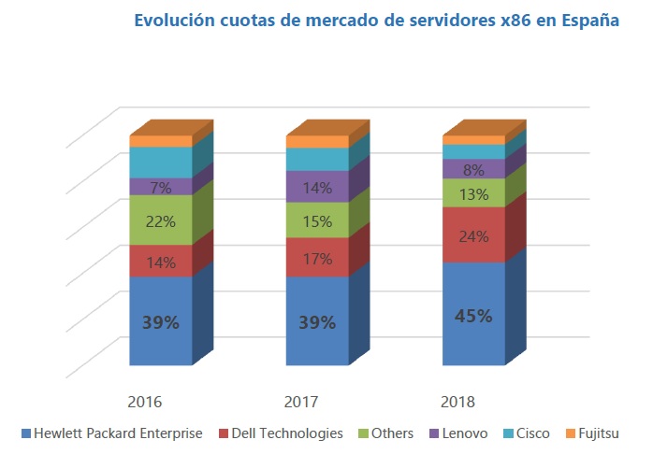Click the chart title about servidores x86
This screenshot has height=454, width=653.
(376, 21)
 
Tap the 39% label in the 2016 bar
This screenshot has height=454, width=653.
(160, 322)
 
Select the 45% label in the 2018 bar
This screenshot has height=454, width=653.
(472, 316)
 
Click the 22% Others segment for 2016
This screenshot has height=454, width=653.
(160, 220)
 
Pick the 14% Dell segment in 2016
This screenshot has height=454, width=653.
(160, 262)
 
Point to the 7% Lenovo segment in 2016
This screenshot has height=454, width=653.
(160, 187)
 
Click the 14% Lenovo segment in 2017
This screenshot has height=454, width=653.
(317, 186)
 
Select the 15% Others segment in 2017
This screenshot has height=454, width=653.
(317, 220)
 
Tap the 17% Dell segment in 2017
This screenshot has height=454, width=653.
(317, 258)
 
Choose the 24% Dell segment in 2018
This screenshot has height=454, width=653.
(472, 235)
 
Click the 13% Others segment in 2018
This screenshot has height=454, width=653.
(472, 193)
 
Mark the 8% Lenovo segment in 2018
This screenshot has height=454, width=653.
(472, 169)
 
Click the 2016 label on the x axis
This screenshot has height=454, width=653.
(145, 402)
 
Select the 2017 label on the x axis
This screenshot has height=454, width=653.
(302, 402)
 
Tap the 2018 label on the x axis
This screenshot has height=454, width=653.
(458, 402)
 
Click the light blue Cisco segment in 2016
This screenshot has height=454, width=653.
(160, 163)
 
